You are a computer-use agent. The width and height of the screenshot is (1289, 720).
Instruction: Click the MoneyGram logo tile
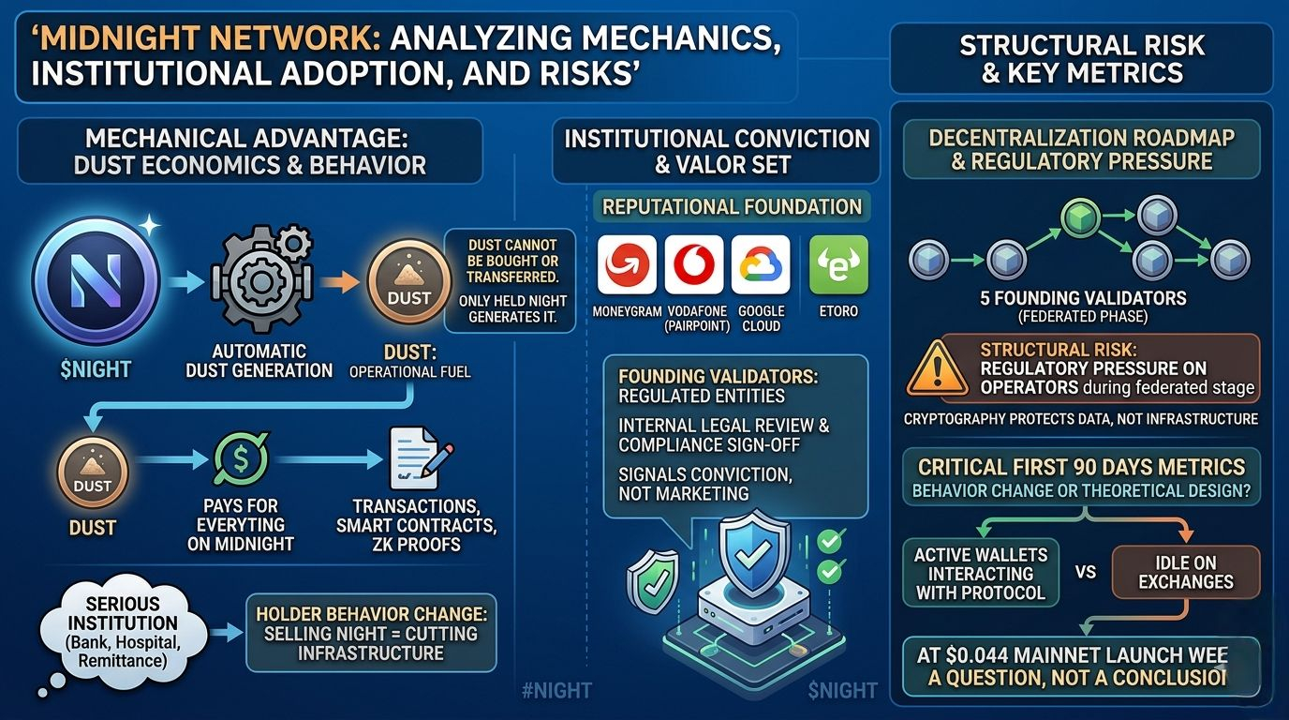pos(627,264)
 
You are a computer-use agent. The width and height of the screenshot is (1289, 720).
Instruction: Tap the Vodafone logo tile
pos(693,264)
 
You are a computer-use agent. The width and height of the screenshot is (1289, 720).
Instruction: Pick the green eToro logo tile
pos(837,264)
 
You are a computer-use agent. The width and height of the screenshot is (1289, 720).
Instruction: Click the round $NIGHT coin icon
pos(96,278)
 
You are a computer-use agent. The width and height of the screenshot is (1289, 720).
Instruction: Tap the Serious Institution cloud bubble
pos(124,634)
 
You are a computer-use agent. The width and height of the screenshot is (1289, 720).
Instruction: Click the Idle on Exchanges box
pos(1185,571)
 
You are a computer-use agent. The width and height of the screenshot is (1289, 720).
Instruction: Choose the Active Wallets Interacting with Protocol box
pos(980,572)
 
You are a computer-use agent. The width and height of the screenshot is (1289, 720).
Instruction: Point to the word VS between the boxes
pos(1085,571)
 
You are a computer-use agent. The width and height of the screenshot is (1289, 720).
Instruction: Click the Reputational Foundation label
pos(732,206)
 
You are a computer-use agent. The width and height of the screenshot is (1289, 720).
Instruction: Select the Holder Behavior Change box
pos(370,633)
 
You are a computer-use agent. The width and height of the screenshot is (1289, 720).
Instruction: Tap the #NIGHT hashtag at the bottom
pos(558,691)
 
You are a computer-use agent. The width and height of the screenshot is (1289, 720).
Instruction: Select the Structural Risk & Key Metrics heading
pos(1082,58)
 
